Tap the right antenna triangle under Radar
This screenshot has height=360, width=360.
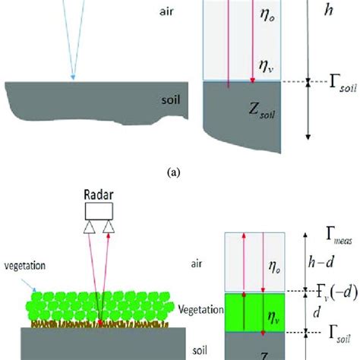click(x=111, y=226)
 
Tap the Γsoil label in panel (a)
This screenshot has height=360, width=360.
click(x=332, y=81)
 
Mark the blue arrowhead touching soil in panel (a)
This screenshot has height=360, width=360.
click(x=73, y=76)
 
